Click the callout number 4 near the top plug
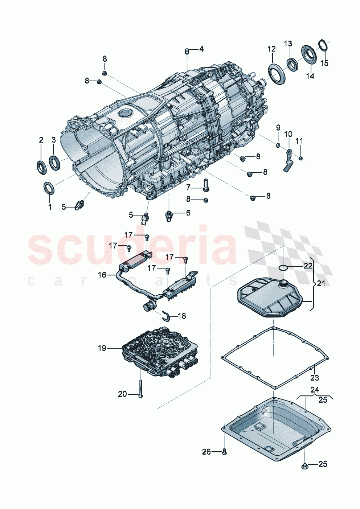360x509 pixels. point(201,49)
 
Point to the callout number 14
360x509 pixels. point(310,76)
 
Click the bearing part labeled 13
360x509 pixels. point(292,65)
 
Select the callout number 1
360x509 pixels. point(50,207)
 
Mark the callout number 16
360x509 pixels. point(102,275)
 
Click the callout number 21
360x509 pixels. point(321,283)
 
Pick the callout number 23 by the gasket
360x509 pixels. point(315,378)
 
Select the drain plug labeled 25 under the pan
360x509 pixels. point(304,465)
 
